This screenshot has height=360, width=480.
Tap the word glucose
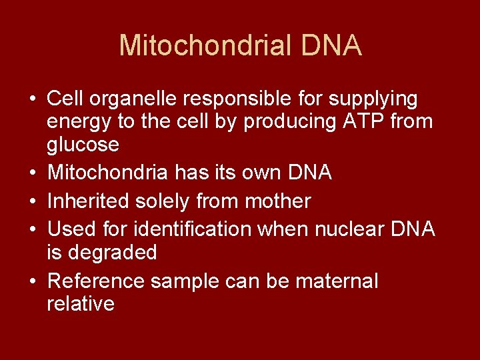coord(83,145)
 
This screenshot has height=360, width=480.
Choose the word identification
coord(193,229)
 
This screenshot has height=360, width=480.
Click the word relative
coord(81,304)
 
